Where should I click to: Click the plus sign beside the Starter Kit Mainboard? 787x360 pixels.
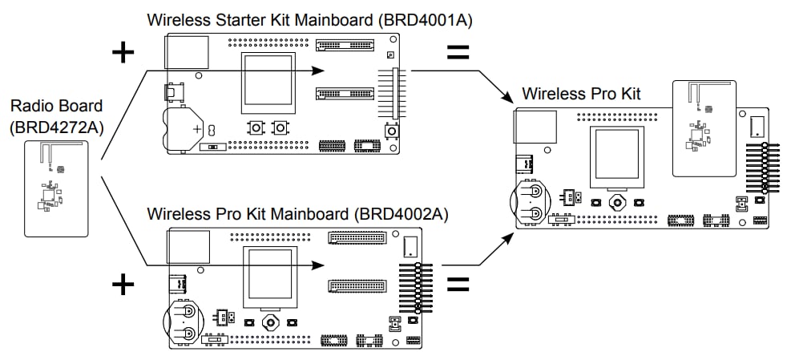pos(123,53)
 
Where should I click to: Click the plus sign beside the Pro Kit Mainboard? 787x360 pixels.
pos(123,284)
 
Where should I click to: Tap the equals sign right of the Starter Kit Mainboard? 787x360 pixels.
pos(457,53)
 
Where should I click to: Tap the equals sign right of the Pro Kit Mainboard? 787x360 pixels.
pos(457,284)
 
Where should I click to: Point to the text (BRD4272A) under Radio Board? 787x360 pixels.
pos(56,126)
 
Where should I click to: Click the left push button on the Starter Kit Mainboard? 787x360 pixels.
pos(256,127)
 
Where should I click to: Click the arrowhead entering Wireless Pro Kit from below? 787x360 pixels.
pos(507,237)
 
